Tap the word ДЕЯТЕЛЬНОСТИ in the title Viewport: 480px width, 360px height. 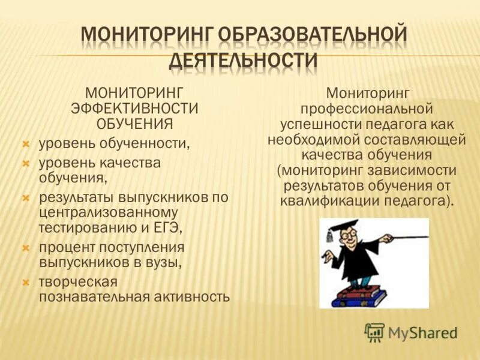click(x=243, y=61)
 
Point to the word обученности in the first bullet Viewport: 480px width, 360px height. click(x=146, y=144)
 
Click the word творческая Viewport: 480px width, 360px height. click(x=78, y=281)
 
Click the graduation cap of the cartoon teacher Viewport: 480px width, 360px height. click(x=339, y=228)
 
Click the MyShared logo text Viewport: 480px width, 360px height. click(x=422, y=332)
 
